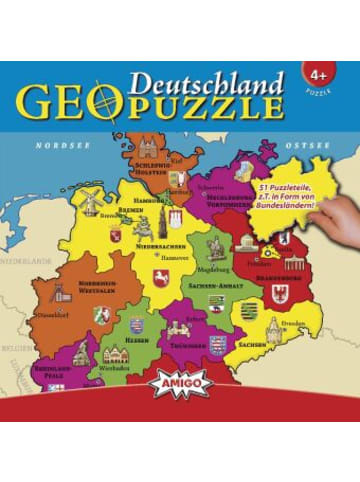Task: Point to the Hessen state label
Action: click(x=137, y=339)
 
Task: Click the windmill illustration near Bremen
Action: click(x=91, y=200)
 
